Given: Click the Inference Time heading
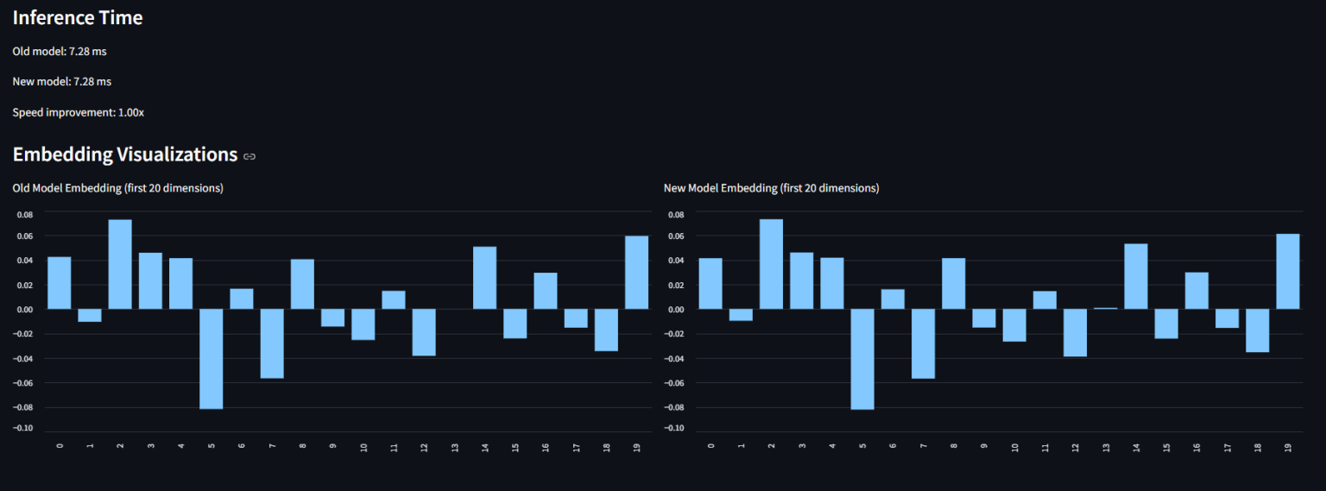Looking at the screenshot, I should [78, 18].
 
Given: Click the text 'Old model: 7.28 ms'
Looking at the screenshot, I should [60, 52].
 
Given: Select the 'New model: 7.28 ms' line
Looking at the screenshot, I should [61, 82].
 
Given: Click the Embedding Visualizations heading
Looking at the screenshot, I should [124, 154].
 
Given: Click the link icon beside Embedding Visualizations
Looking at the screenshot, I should [249, 156].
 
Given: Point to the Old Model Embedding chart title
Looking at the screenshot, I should [117, 188].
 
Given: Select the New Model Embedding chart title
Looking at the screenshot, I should [771, 188].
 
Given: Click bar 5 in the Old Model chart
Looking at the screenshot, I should [212, 358].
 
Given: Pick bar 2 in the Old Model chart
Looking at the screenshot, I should [120, 264].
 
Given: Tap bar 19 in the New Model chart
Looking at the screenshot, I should [1287, 271].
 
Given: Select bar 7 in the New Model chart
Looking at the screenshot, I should [923, 343].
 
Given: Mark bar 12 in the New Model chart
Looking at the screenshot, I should [1075, 332].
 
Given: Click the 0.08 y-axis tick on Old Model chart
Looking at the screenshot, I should [24, 215].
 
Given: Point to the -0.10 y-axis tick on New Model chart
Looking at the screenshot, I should [675, 428].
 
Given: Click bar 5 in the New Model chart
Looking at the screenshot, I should [862, 358].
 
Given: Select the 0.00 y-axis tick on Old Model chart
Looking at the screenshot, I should [24, 310].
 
